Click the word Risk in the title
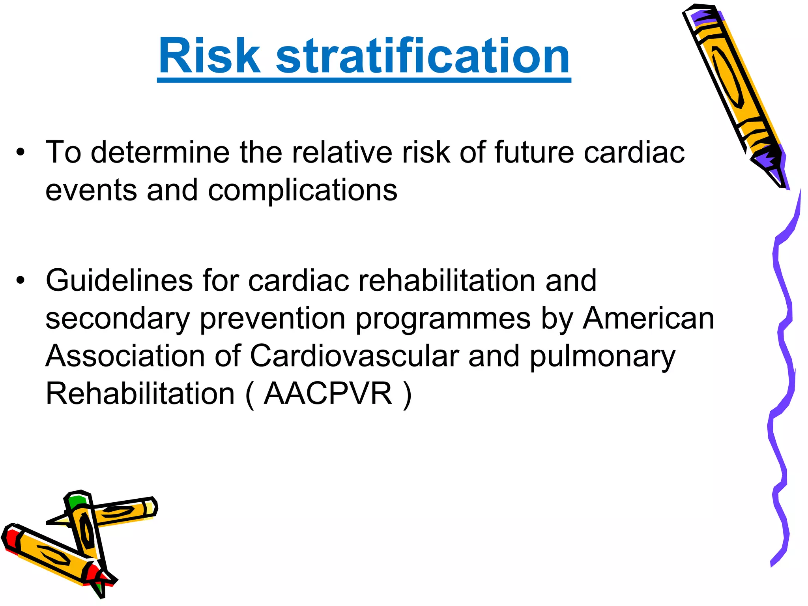pos(209,56)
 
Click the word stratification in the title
pos(423,56)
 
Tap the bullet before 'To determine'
pos(21,152)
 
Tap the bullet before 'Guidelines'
pos(21,281)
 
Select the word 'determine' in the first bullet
pos(160,152)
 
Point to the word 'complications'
pos(303,190)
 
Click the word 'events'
pos(91,190)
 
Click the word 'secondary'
pos(118,319)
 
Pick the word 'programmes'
pos(443,319)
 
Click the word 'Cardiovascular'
pos(355,356)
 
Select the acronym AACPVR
pos(328,394)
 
